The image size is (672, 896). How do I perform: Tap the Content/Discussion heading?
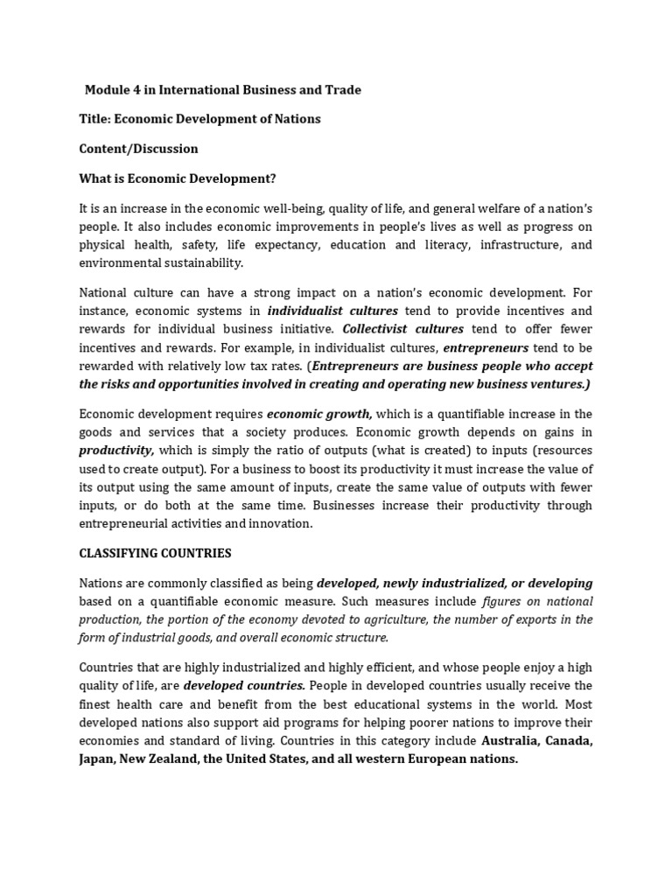tap(138, 149)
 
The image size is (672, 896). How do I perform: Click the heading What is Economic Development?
tap(178, 178)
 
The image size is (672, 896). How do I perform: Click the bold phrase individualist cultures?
tap(332, 311)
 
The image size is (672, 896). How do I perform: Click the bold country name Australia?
tap(513, 741)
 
